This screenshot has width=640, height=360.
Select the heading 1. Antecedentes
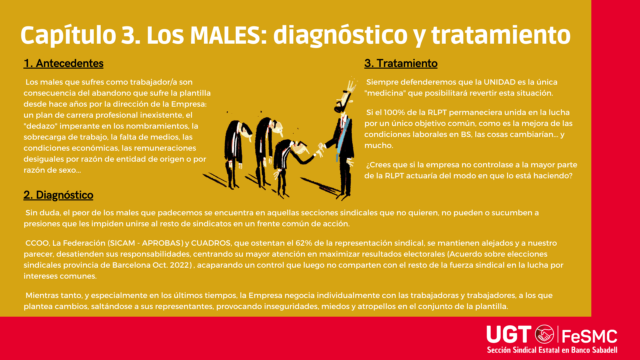coord(63,63)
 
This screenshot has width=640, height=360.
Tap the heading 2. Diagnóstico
coord(58,195)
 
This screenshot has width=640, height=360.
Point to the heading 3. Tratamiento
coord(401,63)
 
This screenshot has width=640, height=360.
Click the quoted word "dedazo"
coord(40,126)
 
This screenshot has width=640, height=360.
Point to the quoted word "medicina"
coord(385,93)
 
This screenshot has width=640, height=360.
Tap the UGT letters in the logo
coord(509,334)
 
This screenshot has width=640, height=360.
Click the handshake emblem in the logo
coord(545,334)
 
